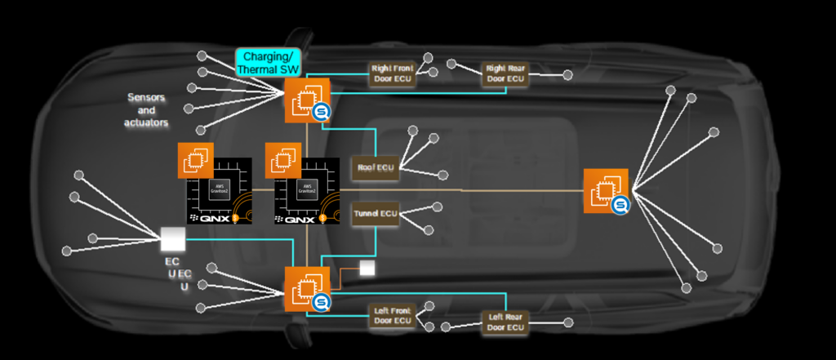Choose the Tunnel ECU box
(x=375, y=216)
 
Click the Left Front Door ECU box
(x=393, y=316)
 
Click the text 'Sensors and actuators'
(x=147, y=109)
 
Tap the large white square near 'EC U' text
(x=173, y=239)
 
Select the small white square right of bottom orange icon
(x=367, y=269)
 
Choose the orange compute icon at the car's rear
(x=605, y=191)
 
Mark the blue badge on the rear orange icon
(x=621, y=205)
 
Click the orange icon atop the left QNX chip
(x=196, y=161)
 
